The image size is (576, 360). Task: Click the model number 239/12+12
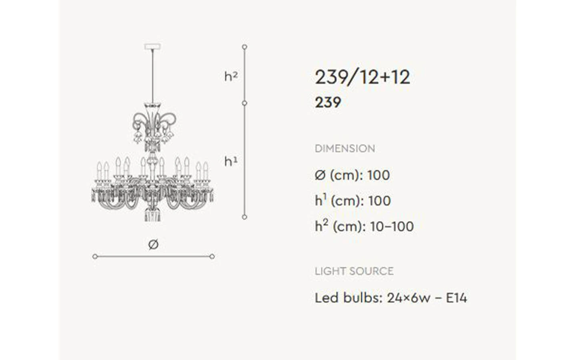[x=362, y=77]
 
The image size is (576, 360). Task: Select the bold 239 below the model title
[x=328, y=102]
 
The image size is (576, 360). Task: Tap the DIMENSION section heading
[x=345, y=149]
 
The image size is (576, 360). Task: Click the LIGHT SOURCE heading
[x=354, y=271]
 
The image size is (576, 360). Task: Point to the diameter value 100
[x=378, y=175]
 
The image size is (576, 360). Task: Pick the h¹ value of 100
[x=380, y=201]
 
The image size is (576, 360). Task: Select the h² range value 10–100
[x=392, y=226]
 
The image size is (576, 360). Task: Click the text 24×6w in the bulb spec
[x=409, y=298]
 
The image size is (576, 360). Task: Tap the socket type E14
[x=456, y=298]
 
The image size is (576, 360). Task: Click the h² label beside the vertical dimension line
[x=231, y=76]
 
